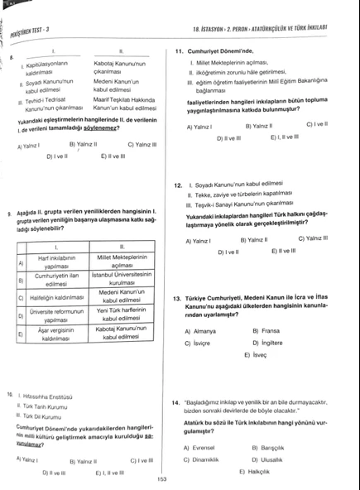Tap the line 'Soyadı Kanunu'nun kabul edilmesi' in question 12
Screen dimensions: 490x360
click(x=240, y=185)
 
